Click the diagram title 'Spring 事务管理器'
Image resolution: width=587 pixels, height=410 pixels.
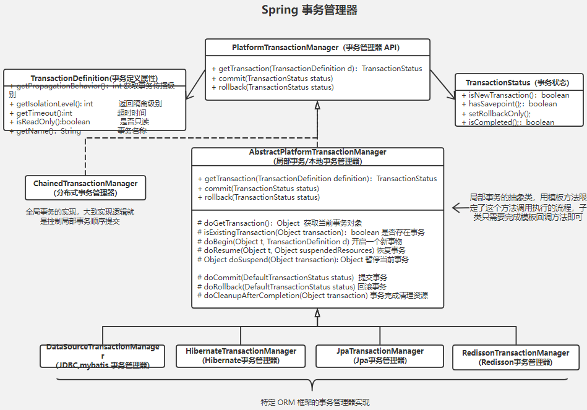click(309, 10)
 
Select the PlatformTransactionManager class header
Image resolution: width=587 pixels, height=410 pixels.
click(317, 47)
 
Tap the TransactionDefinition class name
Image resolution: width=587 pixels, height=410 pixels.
click(94, 78)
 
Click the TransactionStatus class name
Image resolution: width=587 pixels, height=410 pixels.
click(516, 82)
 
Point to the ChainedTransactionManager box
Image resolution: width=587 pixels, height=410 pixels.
click(85, 188)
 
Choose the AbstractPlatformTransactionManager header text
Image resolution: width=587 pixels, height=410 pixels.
click(317, 156)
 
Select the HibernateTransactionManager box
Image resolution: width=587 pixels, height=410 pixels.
click(241, 356)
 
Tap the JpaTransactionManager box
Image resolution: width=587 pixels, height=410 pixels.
click(380, 356)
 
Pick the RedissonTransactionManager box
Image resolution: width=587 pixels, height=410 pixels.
click(515, 357)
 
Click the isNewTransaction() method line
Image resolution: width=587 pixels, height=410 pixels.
click(515, 95)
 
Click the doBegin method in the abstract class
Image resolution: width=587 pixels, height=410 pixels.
click(299, 241)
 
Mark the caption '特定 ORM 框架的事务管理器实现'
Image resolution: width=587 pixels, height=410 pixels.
click(315, 402)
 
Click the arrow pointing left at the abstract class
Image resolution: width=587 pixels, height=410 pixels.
click(461, 207)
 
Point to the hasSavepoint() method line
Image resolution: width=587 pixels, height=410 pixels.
click(509, 104)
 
